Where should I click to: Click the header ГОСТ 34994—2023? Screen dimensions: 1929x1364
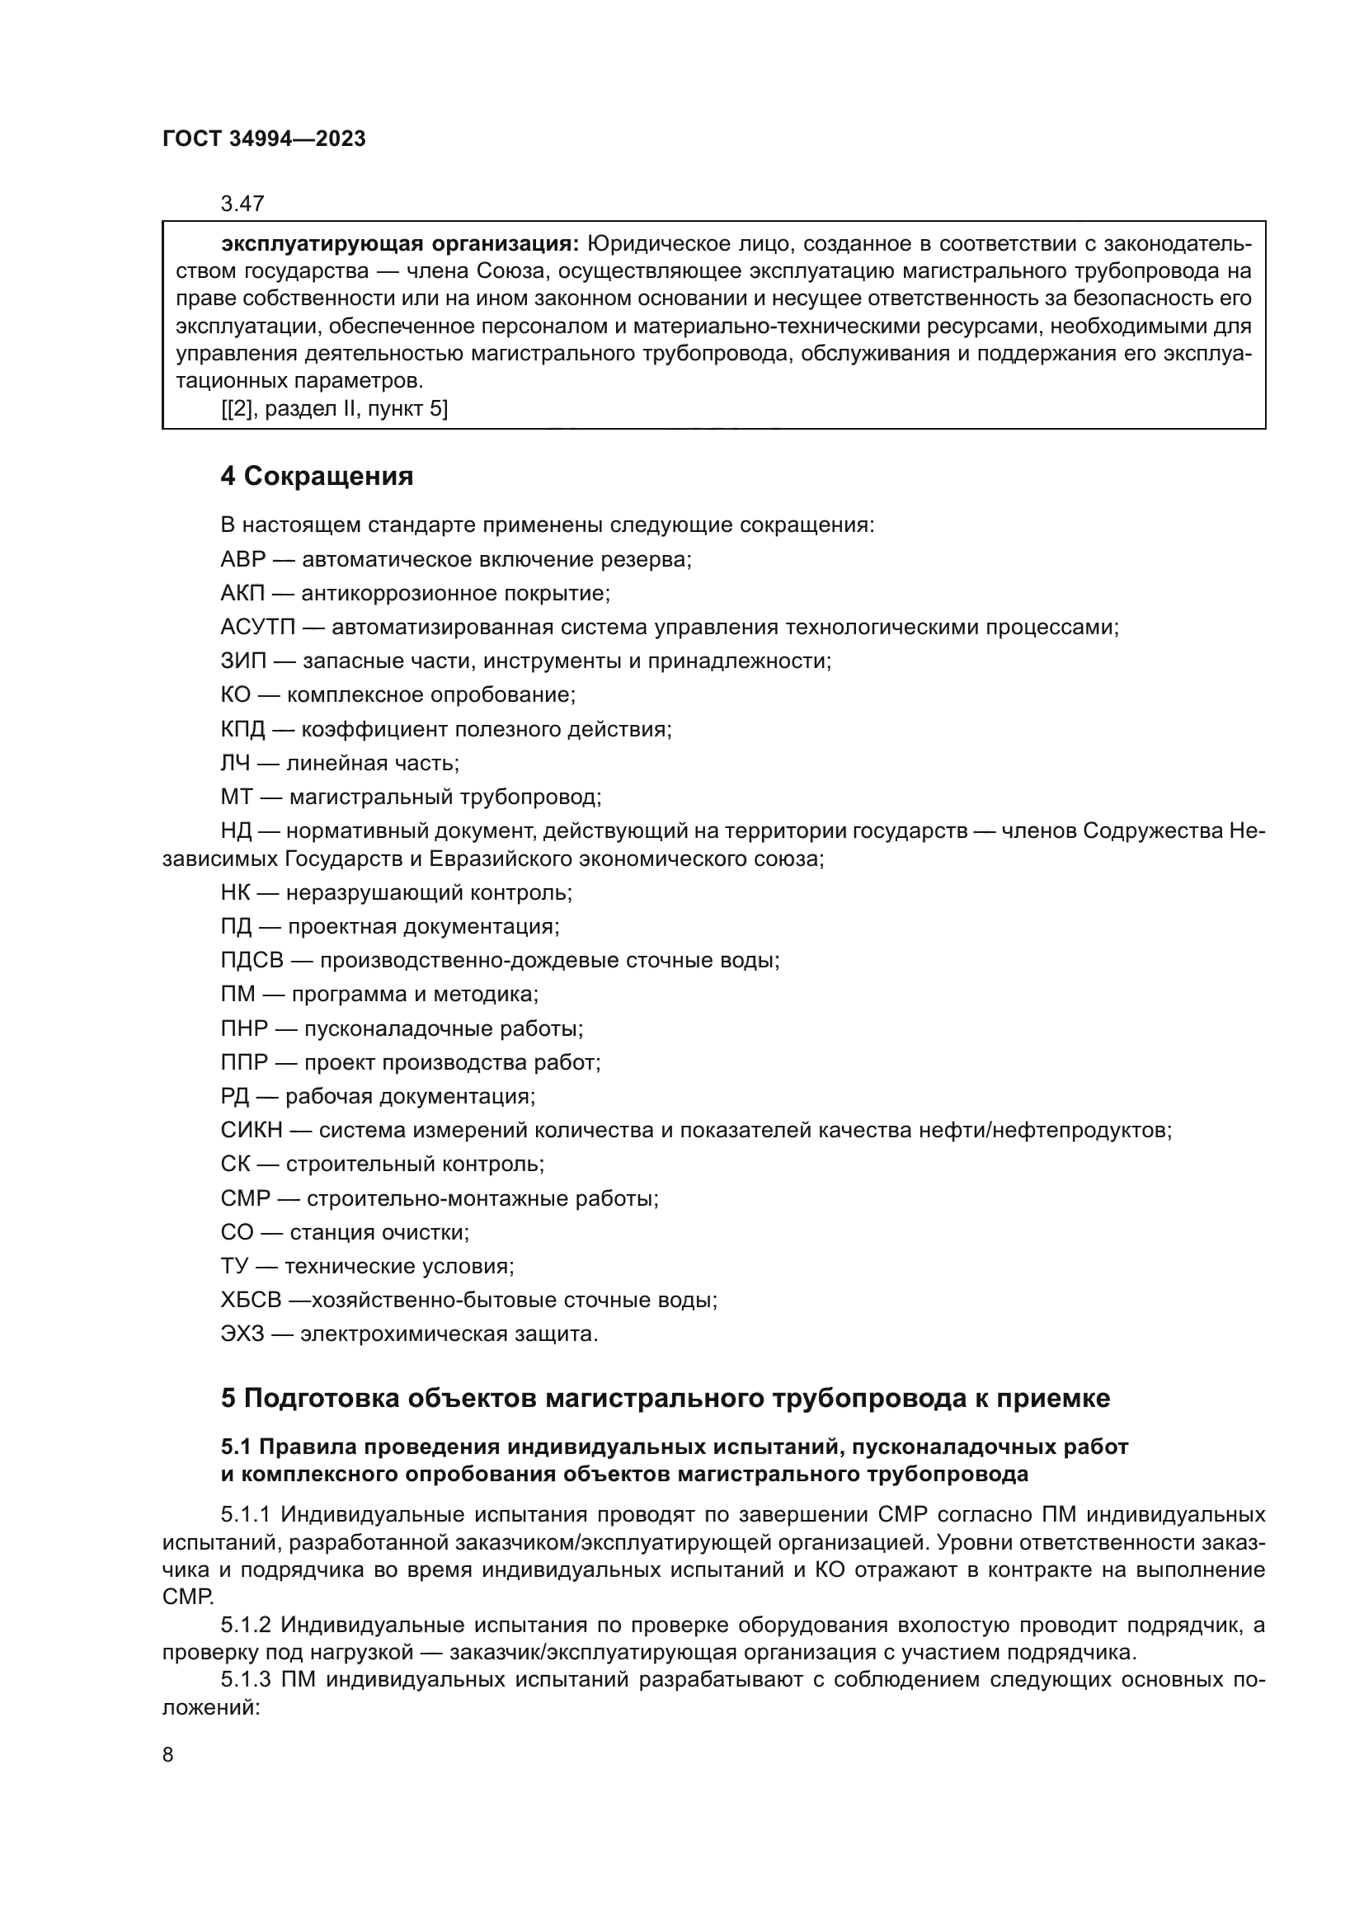coord(264,139)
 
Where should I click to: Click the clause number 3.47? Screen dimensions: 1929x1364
coord(242,205)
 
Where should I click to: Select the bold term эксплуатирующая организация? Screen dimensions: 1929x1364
coord(400,244)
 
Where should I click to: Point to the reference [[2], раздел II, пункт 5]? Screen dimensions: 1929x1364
coord(334,410)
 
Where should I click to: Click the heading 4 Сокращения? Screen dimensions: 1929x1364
coord(317,478)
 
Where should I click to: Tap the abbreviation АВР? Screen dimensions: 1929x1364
coord(242,560)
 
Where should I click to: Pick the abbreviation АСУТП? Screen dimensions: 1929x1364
coord(258,628)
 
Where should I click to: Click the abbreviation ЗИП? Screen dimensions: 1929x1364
coord(242,662)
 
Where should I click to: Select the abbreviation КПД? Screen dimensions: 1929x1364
coord(242,730)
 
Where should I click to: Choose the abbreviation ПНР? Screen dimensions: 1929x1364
coord(244,1029)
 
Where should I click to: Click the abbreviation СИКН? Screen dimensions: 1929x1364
coord(252,1131)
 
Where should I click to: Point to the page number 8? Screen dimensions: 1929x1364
coord(168,1755)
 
